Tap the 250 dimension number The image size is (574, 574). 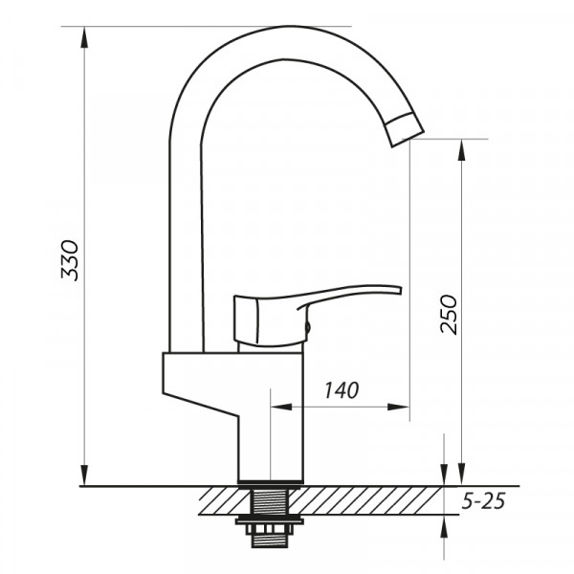pyautogui.click(x=449, y=313)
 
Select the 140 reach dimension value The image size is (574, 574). pyautogui.click(x=341, y=389)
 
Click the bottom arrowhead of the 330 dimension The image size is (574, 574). pyautogui.click(x=86, y=475)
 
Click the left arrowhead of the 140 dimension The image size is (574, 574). pyautogui.click(x=280, y=407)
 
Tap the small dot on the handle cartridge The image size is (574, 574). pyautogui.click(x=306, y=328)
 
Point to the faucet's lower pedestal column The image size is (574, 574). pyautogui.click(x=271, y=440)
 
